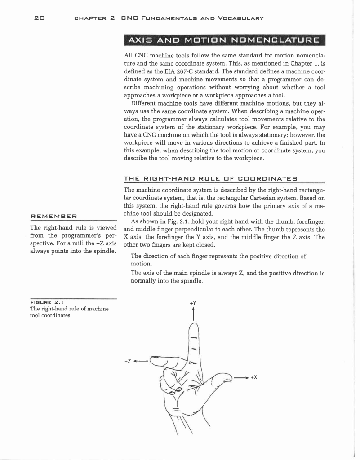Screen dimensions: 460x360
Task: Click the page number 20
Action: [x=39, y=18]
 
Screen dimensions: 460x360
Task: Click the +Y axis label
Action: [x=193, y=303]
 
